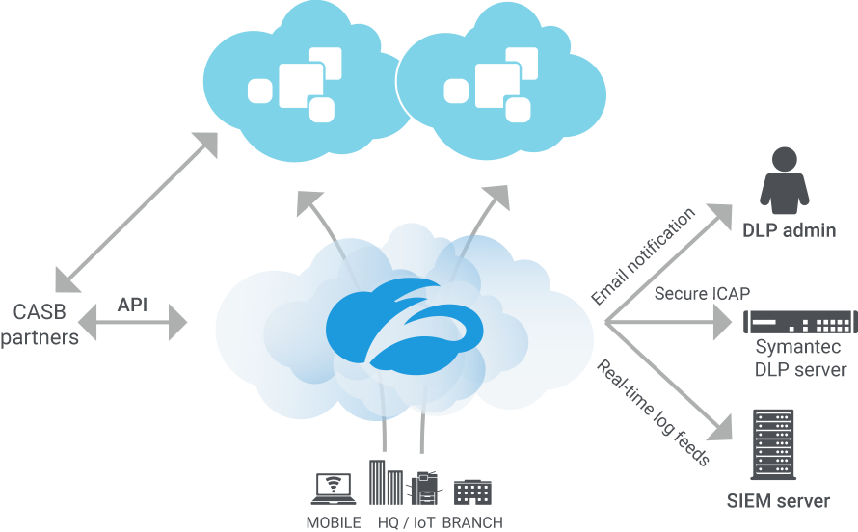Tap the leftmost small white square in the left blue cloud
point(258,91)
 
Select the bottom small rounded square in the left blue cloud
point(321,110)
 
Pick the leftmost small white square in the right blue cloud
point(454,91)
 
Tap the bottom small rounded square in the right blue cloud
point(517,110)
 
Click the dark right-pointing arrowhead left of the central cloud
point(183,315)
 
